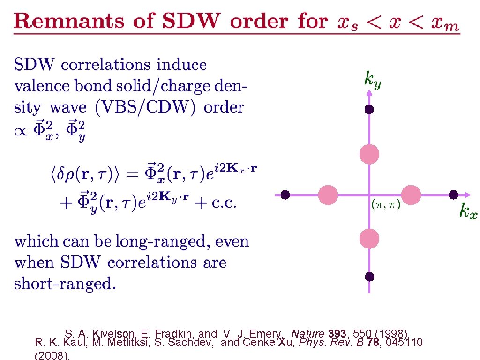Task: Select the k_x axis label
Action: pos(468,211)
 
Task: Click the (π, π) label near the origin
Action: pos(386,206)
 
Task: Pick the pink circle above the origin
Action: pos(369,154)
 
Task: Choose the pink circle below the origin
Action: pos(369,239)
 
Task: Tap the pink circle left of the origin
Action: pos(328,195)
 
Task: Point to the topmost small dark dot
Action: pos(369,110)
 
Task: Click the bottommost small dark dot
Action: pos(369,277)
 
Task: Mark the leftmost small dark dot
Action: pos(285,195)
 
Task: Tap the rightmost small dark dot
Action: pos(453,195)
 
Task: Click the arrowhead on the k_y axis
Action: pos(369,92)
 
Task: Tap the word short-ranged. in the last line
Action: pos(65,284)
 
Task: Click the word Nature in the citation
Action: pos(308,334)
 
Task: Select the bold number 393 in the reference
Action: pos(337,334)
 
